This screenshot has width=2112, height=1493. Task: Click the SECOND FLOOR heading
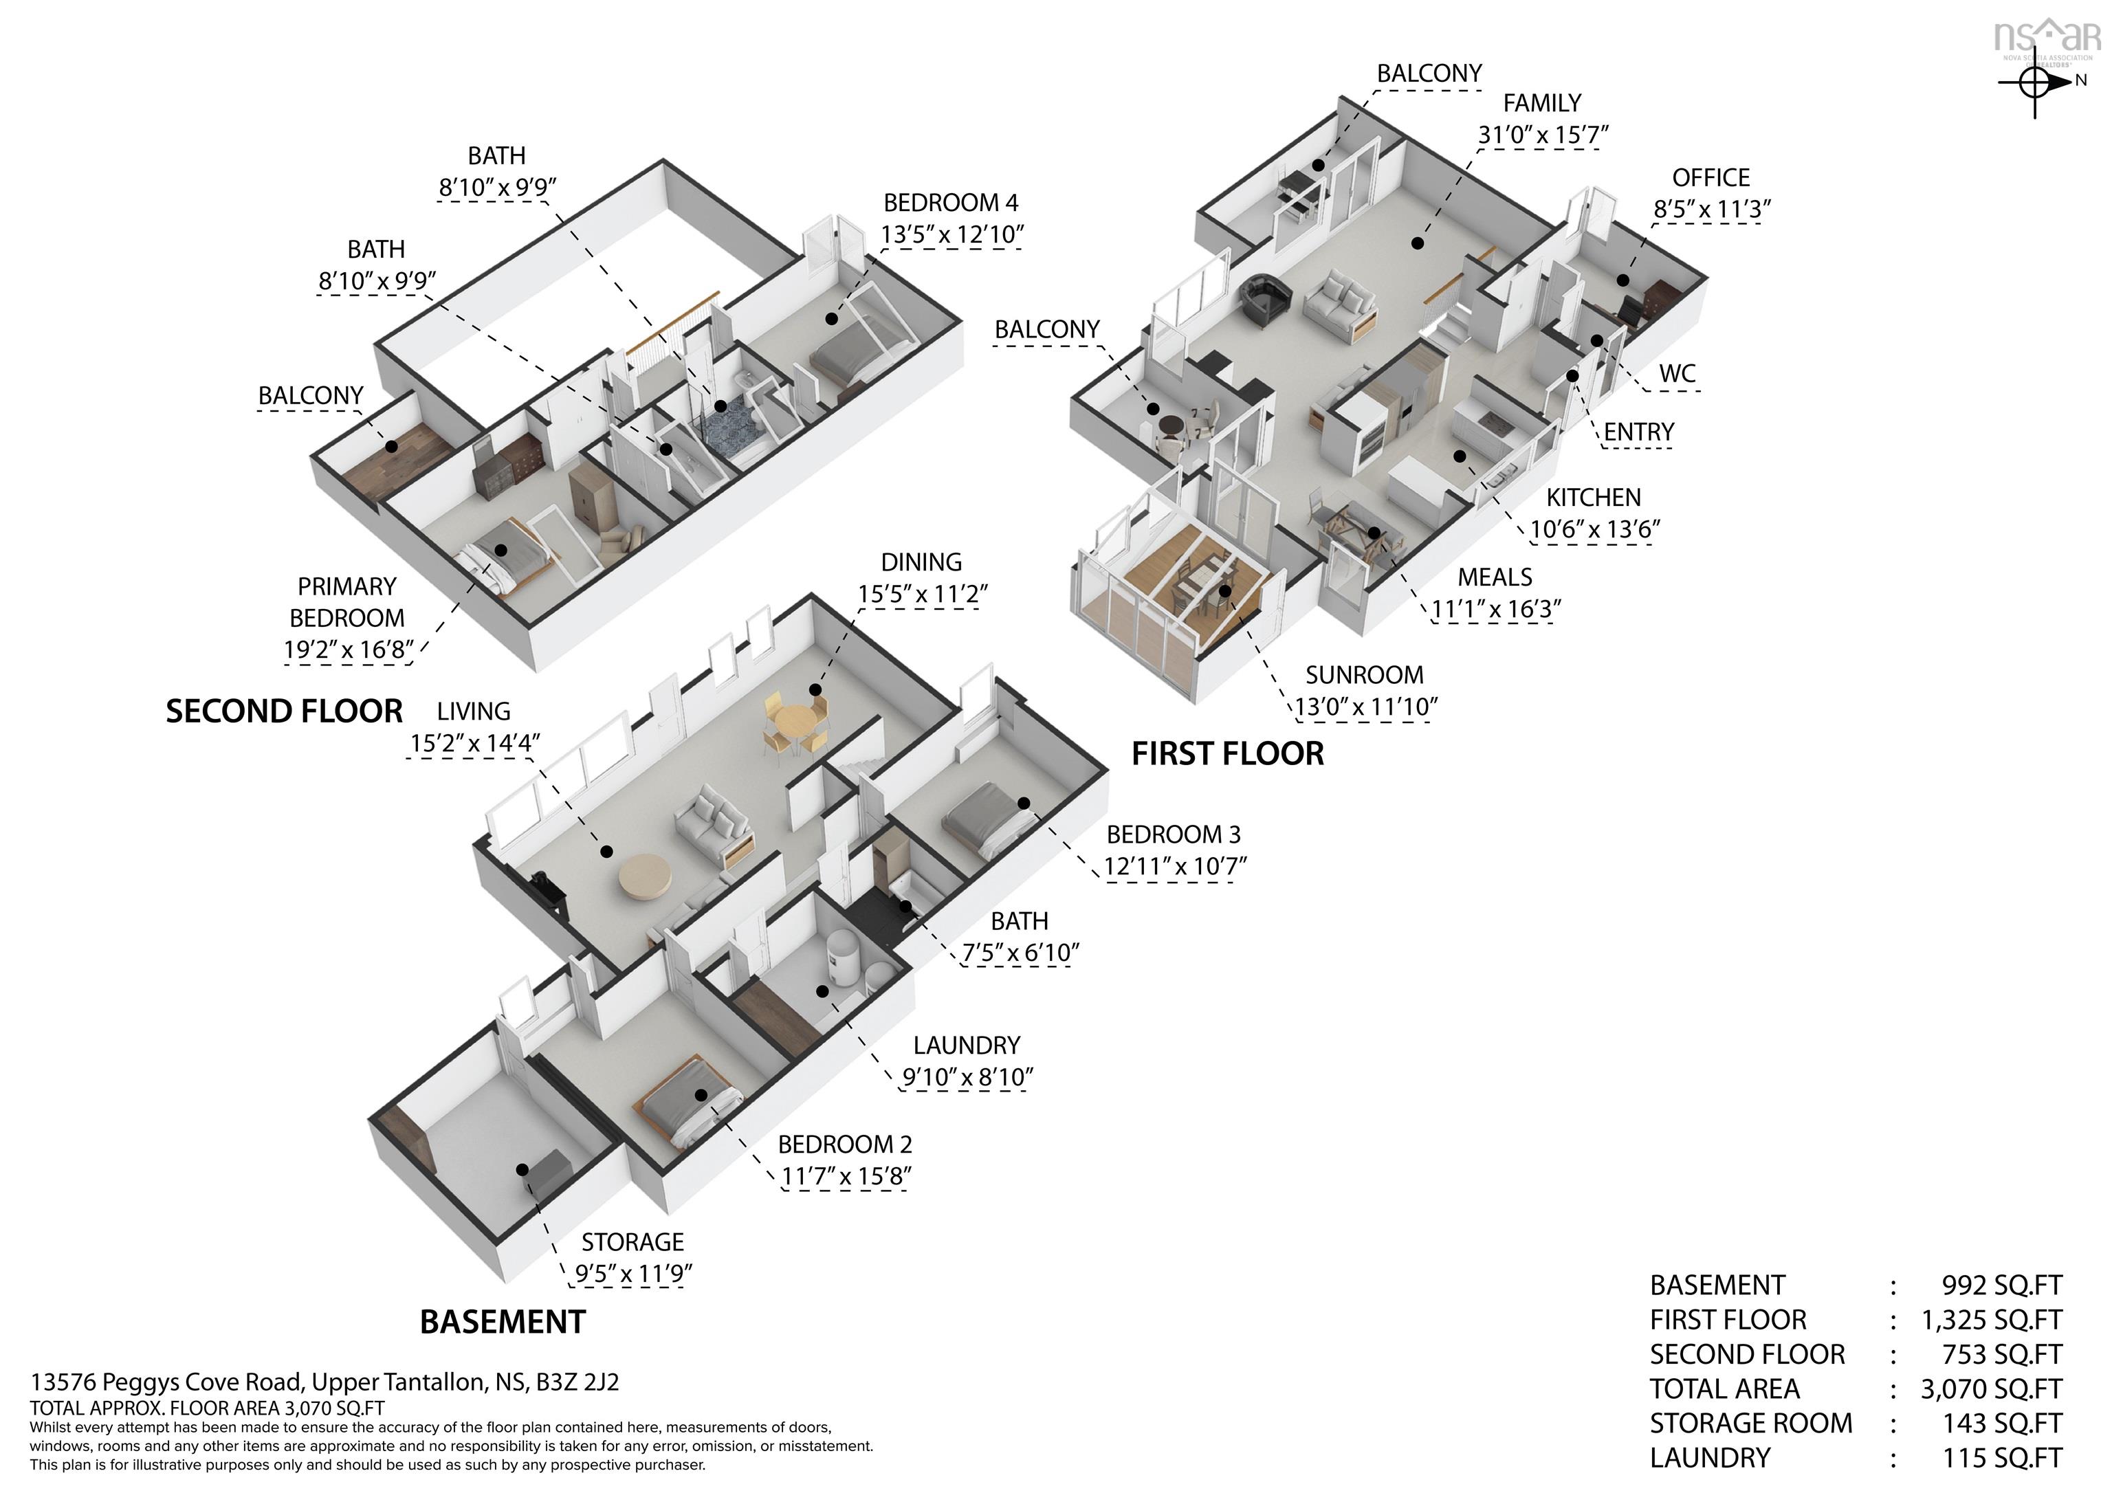[284, 711]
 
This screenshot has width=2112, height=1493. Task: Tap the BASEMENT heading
[503, 1322]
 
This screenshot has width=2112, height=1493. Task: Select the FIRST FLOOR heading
[1227, 753]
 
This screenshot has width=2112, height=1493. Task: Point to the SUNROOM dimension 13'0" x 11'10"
[1366, 707]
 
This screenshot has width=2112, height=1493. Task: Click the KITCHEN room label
[1593, 498]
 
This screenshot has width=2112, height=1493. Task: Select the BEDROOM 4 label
[951, 202]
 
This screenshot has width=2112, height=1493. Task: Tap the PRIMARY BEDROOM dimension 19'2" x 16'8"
[349, 650]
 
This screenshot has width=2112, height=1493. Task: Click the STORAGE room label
[633, 1242]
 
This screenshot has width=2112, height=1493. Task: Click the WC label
[1677, 373]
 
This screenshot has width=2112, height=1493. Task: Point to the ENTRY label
[1638, 432]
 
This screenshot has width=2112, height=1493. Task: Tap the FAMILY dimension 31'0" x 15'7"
[1543, 135]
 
